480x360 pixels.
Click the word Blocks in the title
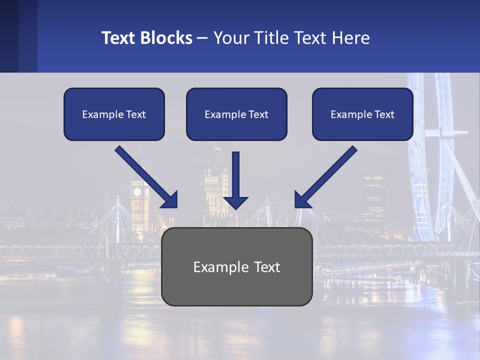[x=166, y=38]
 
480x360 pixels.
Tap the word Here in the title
[x=351, y=38]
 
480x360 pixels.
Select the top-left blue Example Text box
[x=114, y=114]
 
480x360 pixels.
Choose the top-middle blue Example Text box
[x=236, y=114]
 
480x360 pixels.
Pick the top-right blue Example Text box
[x=362, y=114]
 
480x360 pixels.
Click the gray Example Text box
[x=236, y=267]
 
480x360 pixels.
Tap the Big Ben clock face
[x=137, y=192]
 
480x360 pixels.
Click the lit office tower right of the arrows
[x=374, y=197]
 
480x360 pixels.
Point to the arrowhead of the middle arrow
[x=235, y=202]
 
